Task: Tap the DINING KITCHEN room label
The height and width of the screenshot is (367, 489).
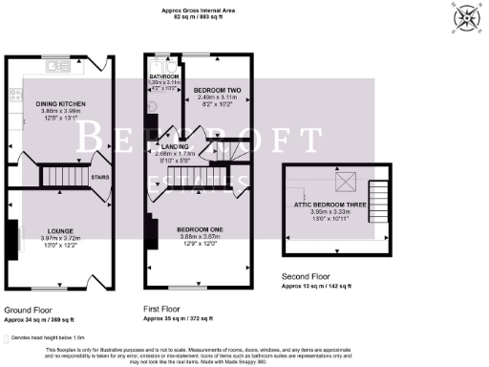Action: point(61,103)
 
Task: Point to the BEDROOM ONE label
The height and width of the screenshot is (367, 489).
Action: point(200,229)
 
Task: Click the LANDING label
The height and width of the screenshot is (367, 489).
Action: point(175,145)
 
